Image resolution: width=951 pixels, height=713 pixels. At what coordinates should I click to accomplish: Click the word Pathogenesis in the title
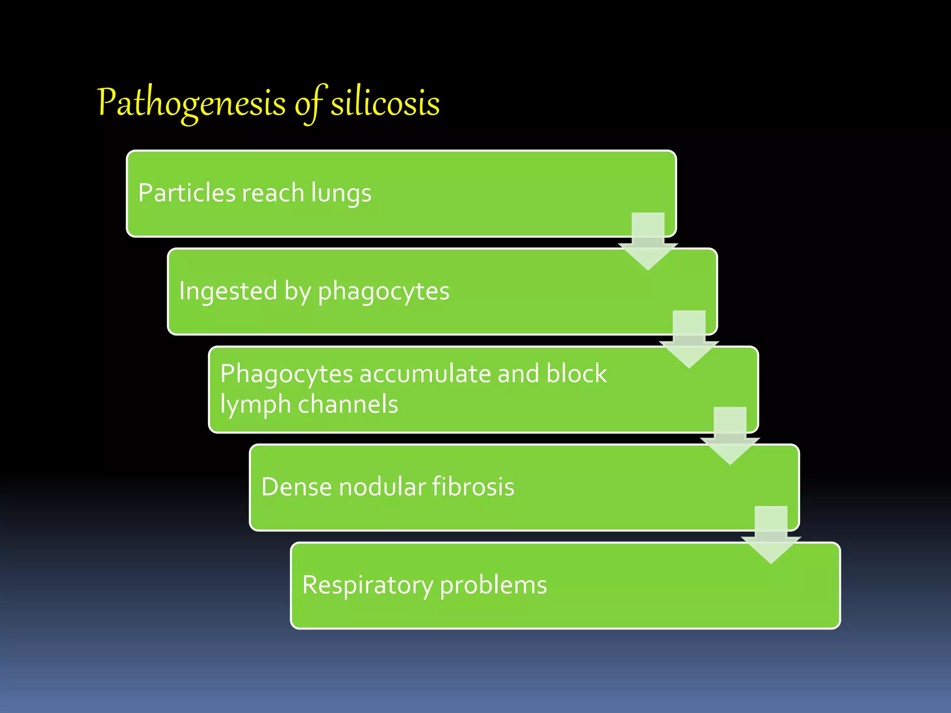[191, 103]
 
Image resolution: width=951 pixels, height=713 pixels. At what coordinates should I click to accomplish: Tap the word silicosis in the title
[385, 103]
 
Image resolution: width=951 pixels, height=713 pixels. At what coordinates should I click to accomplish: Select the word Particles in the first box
[187, 193]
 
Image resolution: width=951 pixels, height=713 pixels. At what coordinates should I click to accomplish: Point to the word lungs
[341, 194]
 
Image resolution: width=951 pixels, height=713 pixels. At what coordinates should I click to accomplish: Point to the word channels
[348, 404]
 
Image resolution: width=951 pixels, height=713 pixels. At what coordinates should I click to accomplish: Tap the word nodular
[383, 486]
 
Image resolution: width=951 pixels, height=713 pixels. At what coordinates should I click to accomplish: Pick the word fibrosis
[473, 486]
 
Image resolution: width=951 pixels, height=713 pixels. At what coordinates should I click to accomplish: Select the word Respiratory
[367, 585]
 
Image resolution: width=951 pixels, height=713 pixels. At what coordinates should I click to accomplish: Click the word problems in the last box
[493, 585]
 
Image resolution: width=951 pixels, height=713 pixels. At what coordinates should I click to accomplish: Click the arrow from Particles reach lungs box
[648, 241]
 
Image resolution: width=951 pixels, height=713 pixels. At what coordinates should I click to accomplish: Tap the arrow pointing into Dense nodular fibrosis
[730, 436]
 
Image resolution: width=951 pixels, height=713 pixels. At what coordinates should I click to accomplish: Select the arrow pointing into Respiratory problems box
[771, 535]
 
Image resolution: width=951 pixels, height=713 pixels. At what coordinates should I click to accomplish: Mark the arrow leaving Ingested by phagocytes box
[689, 339]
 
